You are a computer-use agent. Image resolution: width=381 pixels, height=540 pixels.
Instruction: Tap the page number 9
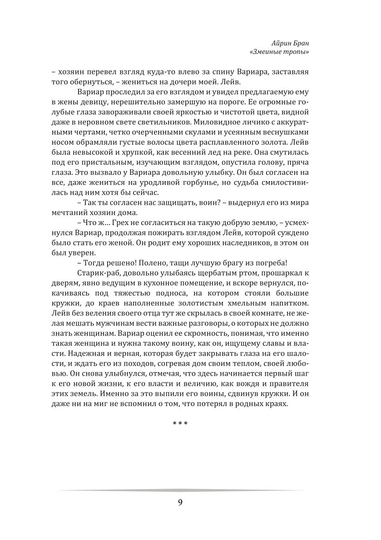point(180,502)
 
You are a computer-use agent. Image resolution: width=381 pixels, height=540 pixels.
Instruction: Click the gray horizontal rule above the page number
point(180,490)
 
